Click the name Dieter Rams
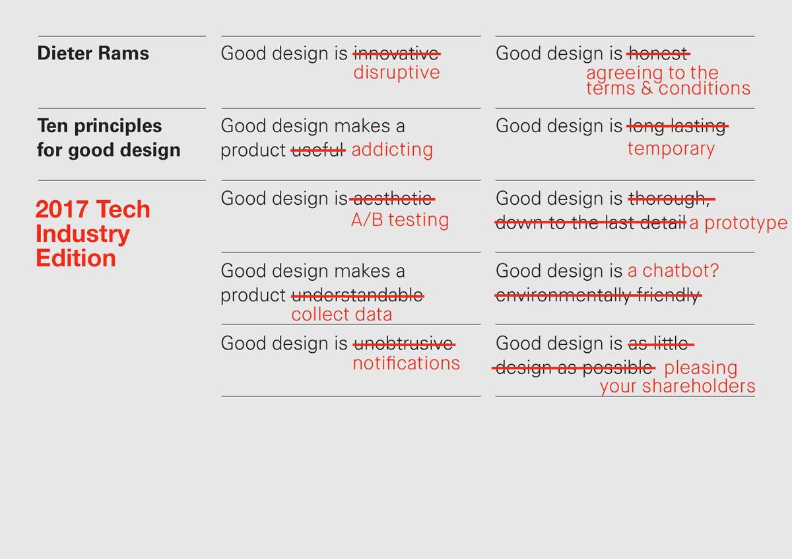93,54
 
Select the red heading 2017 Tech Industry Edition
92,233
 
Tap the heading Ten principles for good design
108,137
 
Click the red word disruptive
396,72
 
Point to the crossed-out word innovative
397,53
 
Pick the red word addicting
392,149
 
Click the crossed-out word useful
318,150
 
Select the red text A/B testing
399,219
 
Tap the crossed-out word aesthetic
393,198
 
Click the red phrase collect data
341,314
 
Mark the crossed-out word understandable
357,295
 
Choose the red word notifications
406,363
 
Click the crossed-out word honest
658,53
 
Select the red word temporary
671,148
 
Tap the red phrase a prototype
738,223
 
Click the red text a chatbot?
673,271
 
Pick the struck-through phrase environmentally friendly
597,295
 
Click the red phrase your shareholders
677,386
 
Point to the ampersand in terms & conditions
647,89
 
